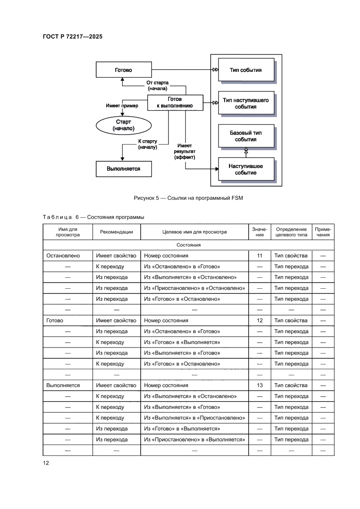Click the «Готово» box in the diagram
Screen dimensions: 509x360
point(124,70)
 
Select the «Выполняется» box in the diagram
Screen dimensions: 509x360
point(124,169)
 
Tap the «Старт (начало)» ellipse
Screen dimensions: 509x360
point(124,125)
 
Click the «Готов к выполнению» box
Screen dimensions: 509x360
point(175,102)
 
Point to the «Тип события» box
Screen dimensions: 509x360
point(246,70)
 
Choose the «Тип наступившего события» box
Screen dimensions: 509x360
point(246,103)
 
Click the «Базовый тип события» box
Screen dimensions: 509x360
point(246,136)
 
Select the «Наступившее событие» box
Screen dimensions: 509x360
point(246,169)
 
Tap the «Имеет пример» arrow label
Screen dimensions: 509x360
point(122,105)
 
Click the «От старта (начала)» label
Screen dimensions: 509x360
point(157,85)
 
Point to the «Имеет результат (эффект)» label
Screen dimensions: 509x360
point(185,151)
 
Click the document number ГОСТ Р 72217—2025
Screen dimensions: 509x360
point(73,37)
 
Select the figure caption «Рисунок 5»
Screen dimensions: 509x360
point(188,198)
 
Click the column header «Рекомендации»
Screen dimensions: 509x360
point(117,232)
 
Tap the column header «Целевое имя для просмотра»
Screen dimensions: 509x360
point(194,232)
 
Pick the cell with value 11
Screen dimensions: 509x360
point(260,256)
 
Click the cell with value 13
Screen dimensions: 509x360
point(260,385)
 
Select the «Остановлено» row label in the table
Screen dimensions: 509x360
point(63,256)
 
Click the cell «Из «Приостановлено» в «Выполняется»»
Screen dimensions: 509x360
point(194,439)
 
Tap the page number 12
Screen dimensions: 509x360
point(46,462)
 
